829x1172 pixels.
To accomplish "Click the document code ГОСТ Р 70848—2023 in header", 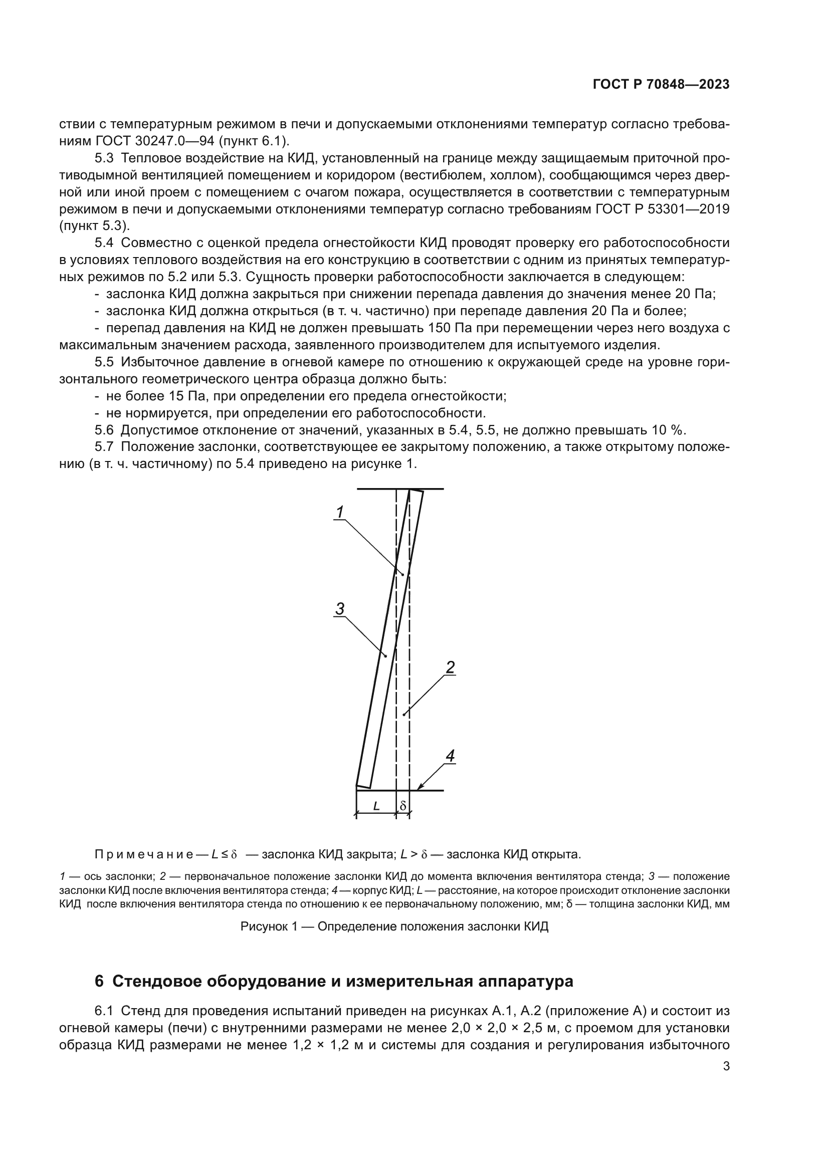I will [x=661, y=84].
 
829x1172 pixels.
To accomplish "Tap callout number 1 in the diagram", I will [x=340, y=512].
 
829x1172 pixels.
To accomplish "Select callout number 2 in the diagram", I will [x=450, y=667].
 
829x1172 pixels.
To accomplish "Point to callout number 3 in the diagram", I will [x=339, y=608].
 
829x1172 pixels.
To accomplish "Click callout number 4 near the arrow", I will [x=450, y=756].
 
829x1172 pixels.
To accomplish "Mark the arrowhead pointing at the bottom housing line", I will [x=420, y=788].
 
